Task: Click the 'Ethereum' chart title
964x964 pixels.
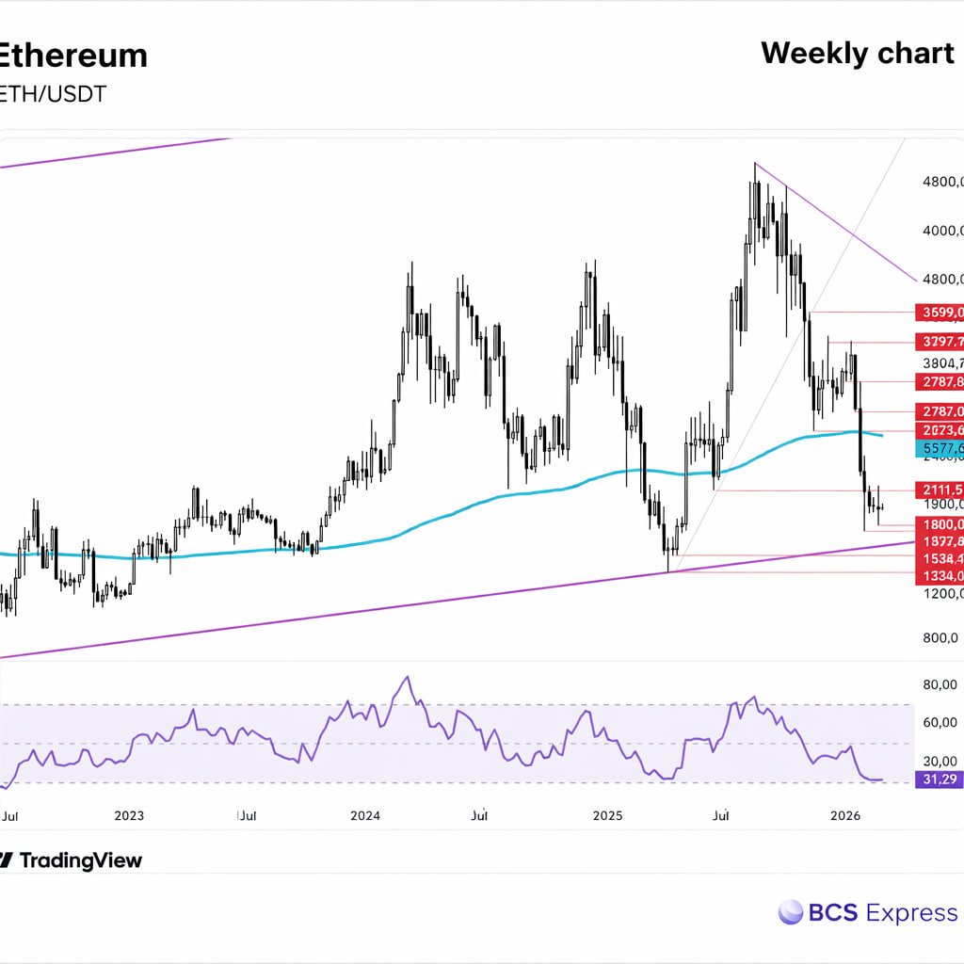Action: click(73, 56)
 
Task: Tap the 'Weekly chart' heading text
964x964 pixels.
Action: click(857, 54)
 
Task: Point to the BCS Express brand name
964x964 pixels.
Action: click(882, 912)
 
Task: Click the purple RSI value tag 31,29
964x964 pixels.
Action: click(940, 779)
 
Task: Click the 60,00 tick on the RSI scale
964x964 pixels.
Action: click(941, 723)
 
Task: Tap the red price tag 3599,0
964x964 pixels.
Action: click(940, 313)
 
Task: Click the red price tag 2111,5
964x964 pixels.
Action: click(940, 490)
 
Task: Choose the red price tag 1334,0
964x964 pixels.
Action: click(940, 575)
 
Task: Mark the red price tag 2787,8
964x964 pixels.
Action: click(940, 381)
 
